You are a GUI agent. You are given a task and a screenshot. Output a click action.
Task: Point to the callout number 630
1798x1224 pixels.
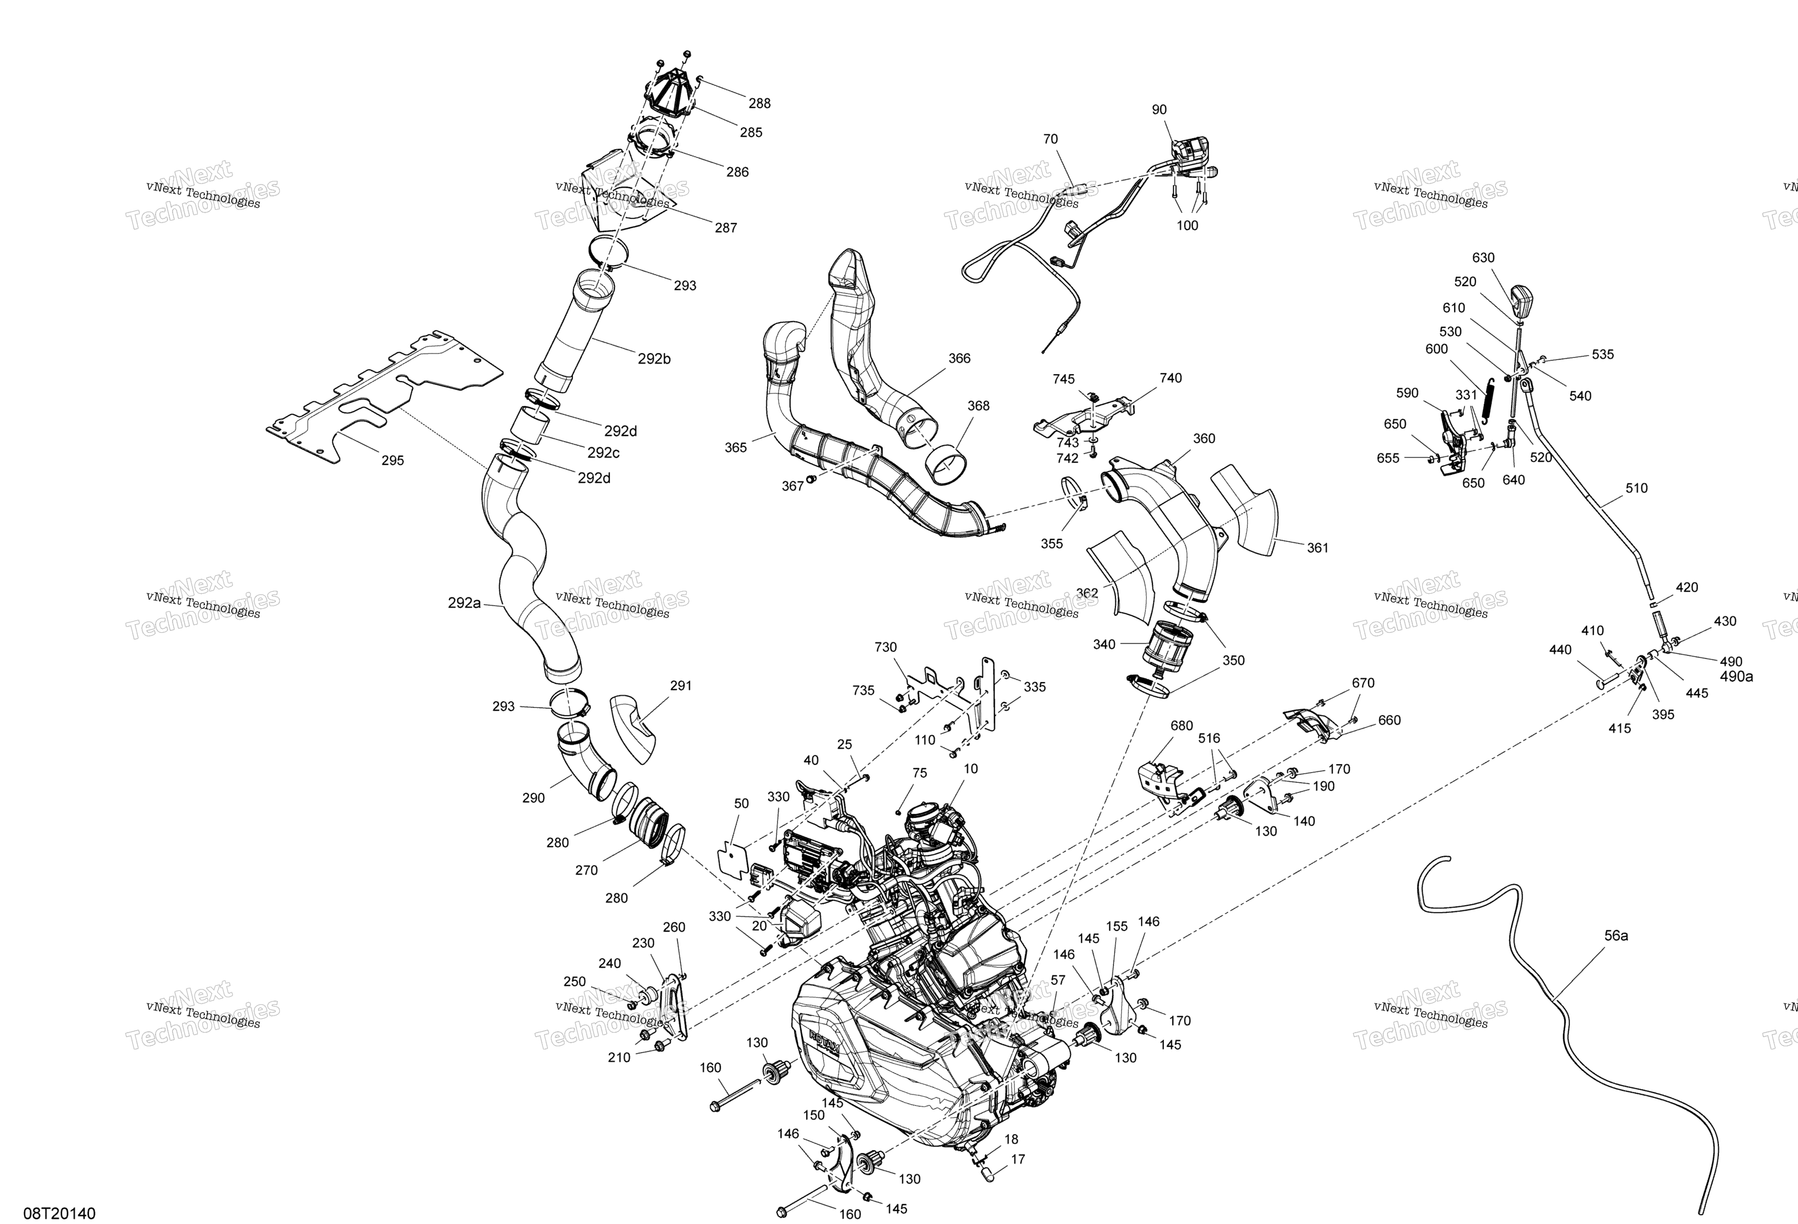pos(1483,258)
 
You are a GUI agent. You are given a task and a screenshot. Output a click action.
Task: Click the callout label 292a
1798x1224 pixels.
pos(464,603)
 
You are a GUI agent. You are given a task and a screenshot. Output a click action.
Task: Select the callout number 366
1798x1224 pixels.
pos(959,358)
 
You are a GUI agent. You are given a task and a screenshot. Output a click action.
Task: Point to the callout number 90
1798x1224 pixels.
pos(1159,110)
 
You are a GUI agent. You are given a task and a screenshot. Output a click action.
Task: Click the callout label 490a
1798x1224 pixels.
pos(1736,676)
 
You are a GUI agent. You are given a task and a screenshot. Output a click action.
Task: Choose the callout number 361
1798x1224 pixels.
pos(1318,548)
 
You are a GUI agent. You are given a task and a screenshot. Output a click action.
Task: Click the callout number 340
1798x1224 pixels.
pos(1104,644)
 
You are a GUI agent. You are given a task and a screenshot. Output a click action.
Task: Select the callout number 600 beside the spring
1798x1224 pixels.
pos(1437,349)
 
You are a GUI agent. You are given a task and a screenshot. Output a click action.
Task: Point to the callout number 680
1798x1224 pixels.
pos(1182,726)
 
